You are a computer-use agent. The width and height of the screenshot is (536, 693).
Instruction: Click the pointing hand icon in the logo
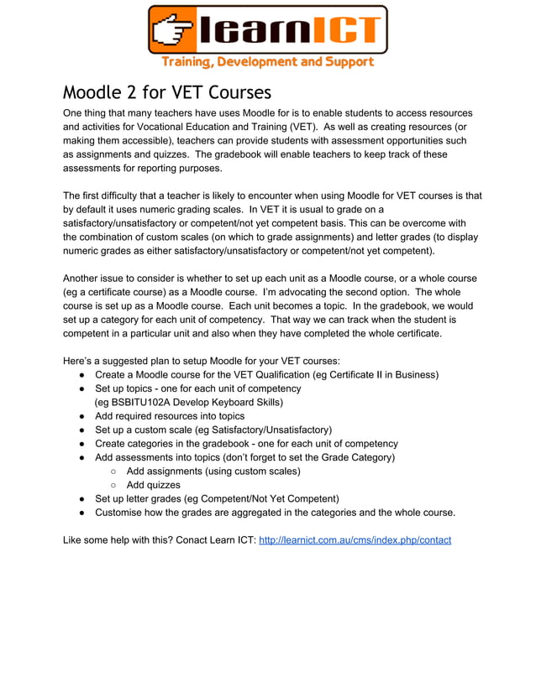click(175, 31)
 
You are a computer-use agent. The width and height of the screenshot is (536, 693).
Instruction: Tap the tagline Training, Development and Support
click(267, 62)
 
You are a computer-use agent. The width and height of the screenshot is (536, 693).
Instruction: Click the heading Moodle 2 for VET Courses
click(167, 91)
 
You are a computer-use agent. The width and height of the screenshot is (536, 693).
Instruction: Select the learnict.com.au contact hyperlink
click(355, 539)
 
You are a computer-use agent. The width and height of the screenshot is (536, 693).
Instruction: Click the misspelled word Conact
click(194, 539)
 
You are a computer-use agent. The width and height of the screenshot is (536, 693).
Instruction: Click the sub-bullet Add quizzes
click(153, 484)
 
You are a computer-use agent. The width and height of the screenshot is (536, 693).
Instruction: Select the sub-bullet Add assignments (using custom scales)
click(213, 471)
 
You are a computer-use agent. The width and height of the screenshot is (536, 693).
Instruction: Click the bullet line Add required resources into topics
click(169, 416)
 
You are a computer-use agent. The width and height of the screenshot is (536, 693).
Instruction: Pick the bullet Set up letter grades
click(216, 498)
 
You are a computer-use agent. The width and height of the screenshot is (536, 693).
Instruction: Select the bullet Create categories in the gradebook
click(246, 443)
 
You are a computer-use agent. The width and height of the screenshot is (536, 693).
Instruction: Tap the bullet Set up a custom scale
click(213, 430)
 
